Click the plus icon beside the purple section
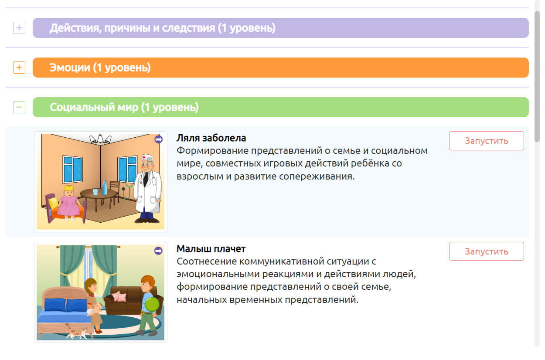click(x=19, y=28)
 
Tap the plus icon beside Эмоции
click(x=19, y=68)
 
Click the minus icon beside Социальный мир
click(x=19, y=107)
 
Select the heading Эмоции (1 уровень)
click(x=100, y=68)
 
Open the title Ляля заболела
click(x=211, y=138)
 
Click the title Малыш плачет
click(x=211, y=248)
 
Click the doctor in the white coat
click(x=148, y=189)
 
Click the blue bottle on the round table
click(x=105, y=187)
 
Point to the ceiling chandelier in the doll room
click(x=100, y=139)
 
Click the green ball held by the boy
click(x=152, y=304)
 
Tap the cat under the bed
click(x=76, y=331)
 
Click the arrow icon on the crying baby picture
click(x=158, y=251)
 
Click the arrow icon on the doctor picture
click(x=158, y=139)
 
